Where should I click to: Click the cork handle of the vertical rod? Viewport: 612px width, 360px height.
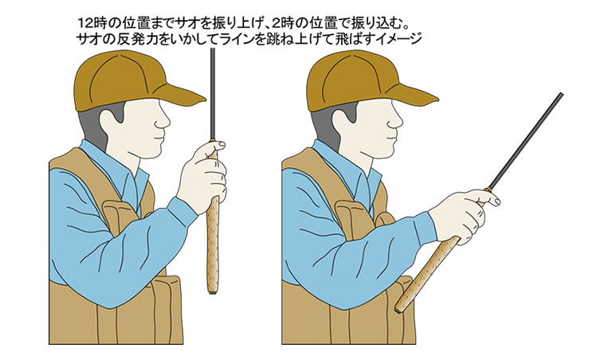pyautogui.click(x=214, y=239)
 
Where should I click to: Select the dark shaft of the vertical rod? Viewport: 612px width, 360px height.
pyautogui.click(x=213, y=96)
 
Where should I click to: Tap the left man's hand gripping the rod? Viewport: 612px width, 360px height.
pyautogui.click(x=203, y=171)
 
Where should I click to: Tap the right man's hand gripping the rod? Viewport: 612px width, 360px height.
pyautogui.click(x=470, y=211)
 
